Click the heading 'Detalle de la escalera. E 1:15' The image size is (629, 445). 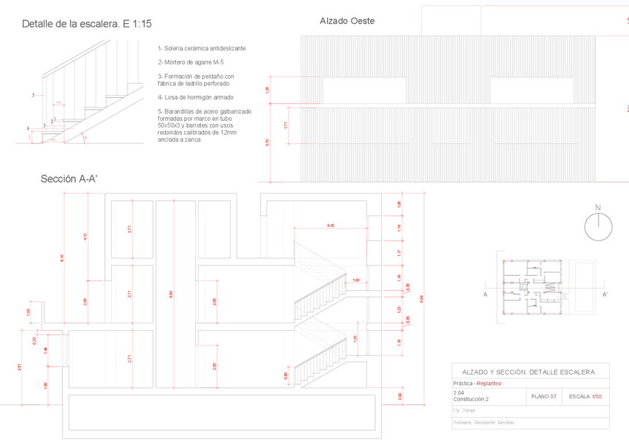(87, 24)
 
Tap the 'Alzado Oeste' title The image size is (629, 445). (347, 21)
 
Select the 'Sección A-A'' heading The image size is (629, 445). (69, 179)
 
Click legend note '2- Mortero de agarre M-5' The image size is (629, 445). (191, 62)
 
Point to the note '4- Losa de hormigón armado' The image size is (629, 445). (196, 96)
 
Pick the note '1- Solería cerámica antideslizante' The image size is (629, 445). (202, 48)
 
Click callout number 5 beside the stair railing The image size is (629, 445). (33, 96)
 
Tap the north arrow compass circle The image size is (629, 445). (598, 227)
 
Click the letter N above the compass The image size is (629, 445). (598, 207)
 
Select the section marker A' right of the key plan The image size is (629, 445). (605, 294)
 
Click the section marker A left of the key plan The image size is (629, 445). (485, 294)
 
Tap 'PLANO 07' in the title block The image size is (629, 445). (544, 397)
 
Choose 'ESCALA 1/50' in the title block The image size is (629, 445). (585, 397)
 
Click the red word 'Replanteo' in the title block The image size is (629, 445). (489, 383)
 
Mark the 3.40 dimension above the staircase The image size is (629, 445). (330, 225)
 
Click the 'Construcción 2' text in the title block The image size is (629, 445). (470, 399)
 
